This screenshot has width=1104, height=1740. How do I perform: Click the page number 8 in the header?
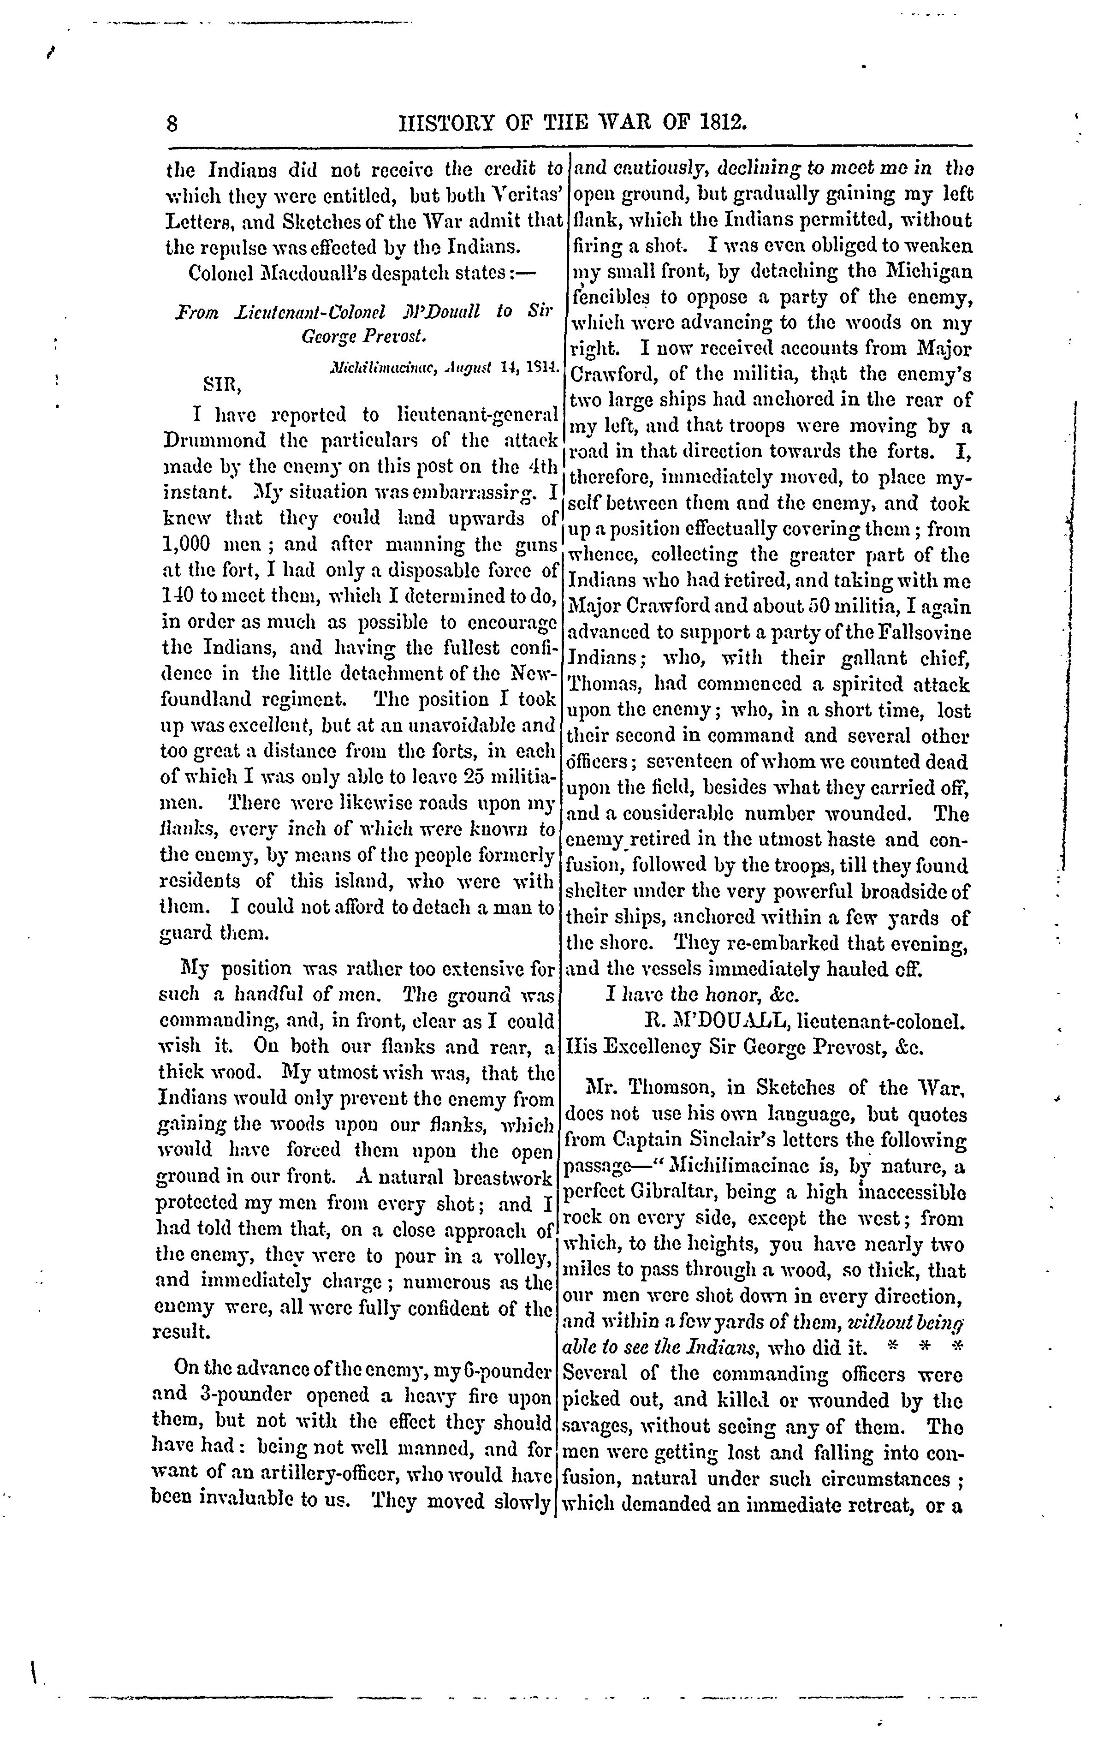coord(172,123)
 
